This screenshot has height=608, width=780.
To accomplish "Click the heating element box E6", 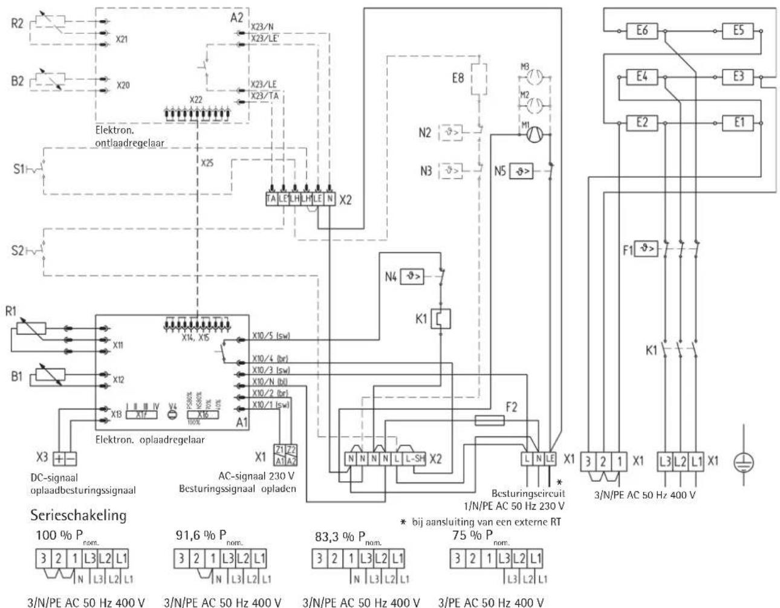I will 642,30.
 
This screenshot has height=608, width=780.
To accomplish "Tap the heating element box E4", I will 642,77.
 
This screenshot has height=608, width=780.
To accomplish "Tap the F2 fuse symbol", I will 490,419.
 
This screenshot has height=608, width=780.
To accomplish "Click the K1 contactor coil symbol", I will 444,319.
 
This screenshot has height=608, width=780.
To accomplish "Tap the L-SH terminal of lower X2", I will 414,459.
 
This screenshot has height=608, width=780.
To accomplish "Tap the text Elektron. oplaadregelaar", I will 149,439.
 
